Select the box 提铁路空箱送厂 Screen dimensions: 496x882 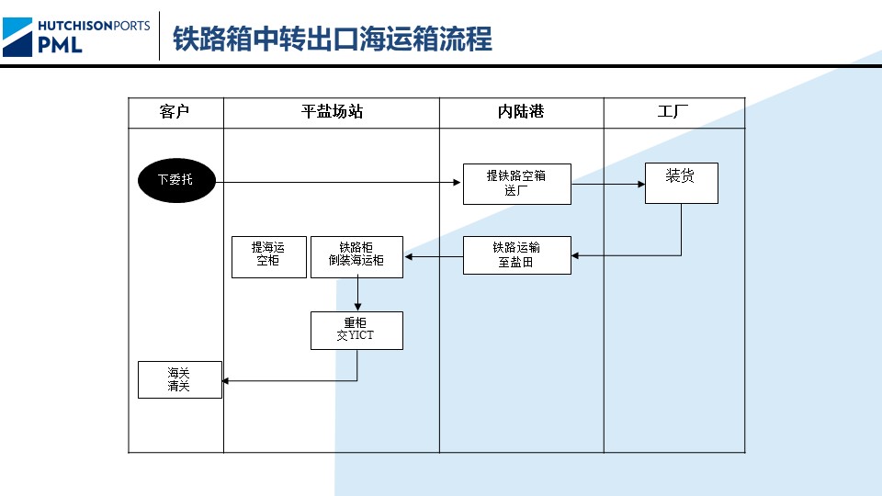pos(516,184)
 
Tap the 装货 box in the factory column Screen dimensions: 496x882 pos(681,183)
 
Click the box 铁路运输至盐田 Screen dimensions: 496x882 pos(516,254)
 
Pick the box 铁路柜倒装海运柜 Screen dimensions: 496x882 pos(356,256)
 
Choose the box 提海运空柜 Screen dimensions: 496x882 pos(268,256)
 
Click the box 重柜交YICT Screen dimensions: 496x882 pos(356,330)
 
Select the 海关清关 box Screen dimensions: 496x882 pos(180,379)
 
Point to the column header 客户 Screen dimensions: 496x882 pos(175,112)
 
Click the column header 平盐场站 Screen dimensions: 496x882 pos(332,112)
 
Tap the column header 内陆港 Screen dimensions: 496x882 pos(521,112)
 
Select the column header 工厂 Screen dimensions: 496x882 pos(673,112)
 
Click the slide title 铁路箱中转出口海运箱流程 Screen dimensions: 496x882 pos(333,39)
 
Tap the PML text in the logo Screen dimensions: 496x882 pos(61,43)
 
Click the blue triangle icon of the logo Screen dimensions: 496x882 pos(17,37)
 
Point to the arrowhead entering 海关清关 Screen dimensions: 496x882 pos(227,380)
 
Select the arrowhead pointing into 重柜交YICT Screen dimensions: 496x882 pos(357,308)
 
